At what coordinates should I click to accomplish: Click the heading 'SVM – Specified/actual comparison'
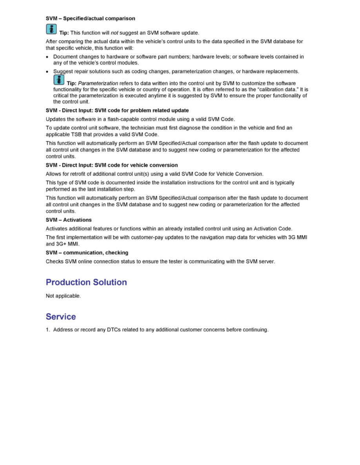(90, 18)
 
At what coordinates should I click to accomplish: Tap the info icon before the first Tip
(51, 29)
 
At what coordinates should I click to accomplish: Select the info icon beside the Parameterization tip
(59, 81)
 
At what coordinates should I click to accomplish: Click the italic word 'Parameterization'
(98, 83)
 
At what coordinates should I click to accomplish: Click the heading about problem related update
(117, 110)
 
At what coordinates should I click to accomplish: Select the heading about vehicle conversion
(112, 165)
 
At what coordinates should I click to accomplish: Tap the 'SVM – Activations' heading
(69, 220)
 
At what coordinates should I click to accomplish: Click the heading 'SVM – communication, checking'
(87, 252)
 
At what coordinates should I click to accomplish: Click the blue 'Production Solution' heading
(86, 282)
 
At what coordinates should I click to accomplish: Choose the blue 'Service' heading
(61, 316)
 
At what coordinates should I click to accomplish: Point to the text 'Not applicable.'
(63, 296)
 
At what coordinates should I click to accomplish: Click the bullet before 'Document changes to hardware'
(47, 57)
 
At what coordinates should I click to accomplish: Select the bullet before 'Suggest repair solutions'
(47, 72)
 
